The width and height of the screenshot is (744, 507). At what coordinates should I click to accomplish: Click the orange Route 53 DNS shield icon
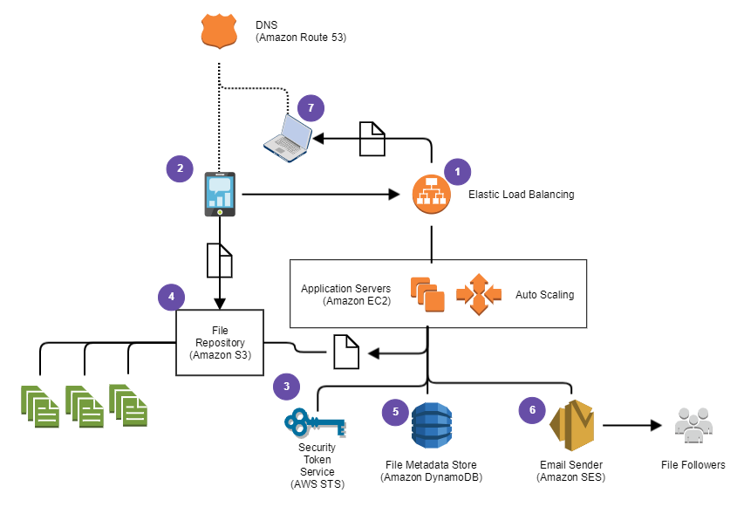point(219,32)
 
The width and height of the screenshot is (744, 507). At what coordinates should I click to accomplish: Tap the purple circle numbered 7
point(311,109)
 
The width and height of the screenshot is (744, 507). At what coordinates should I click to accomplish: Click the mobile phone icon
point(219,194)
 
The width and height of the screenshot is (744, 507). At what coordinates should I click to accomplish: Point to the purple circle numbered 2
point(180,168)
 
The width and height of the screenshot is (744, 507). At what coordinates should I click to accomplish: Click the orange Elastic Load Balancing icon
point(431,195)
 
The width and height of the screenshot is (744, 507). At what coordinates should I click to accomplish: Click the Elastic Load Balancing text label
point(522,195)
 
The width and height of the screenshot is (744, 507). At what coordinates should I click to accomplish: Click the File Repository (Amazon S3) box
point(219,342)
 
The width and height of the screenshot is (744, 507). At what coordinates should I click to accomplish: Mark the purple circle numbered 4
point(171,297)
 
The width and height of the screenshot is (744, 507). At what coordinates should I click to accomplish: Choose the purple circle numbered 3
point(286,386)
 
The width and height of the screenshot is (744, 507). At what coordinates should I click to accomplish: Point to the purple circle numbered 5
point(395,411)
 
